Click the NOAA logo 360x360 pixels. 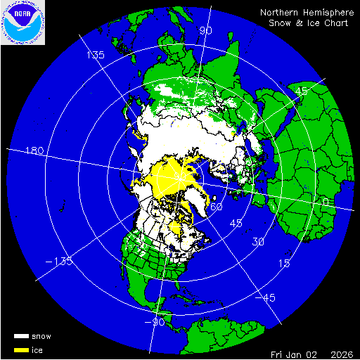[x=22, y=22]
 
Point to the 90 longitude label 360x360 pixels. [x=205, y=30]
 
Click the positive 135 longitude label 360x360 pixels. [x=95, y=55]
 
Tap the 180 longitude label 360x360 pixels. [x=34, y=151]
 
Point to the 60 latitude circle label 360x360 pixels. [x=217, y=207]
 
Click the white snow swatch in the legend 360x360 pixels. [x=21, y=336]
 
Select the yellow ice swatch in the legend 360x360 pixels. [x=21, y=349]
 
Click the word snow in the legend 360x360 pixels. [x=41, y=336]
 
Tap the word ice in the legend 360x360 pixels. [x=37, y=349]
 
